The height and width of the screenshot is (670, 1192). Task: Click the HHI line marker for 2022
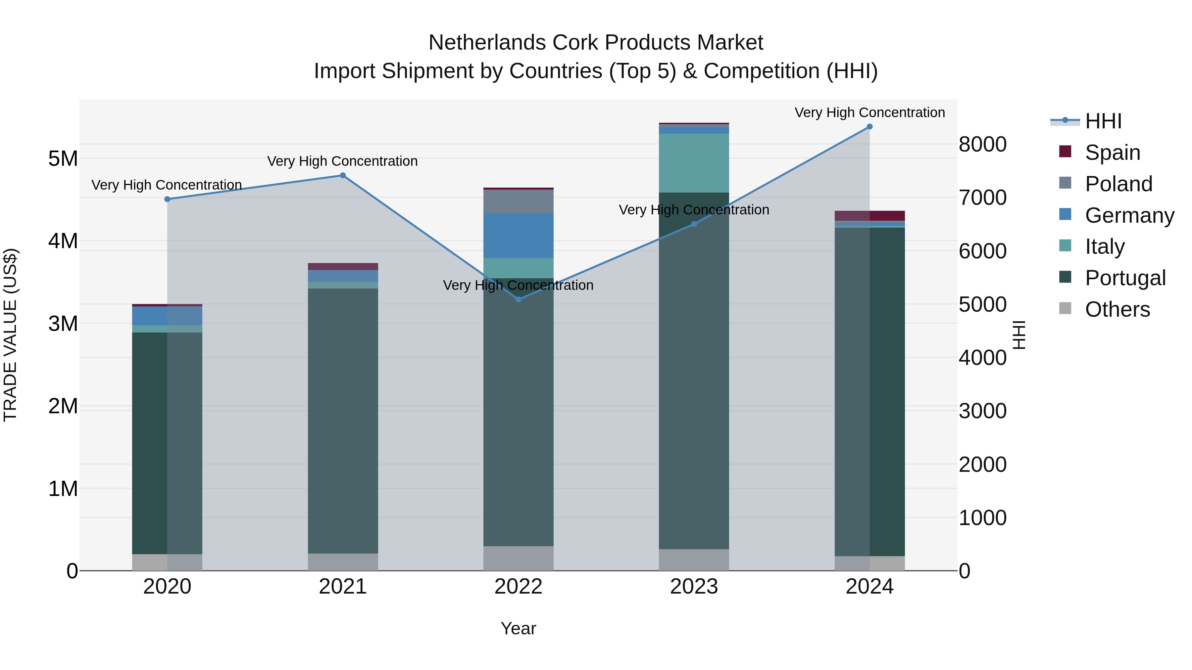(518, 299)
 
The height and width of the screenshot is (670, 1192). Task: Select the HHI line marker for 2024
(869, 127)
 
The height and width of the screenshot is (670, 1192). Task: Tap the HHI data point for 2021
(343, 175)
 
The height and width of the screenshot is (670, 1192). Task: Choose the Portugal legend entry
(1124, 278)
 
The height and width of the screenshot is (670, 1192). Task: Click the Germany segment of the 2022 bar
(518, 235)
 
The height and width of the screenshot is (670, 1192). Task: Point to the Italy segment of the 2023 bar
(694, 163)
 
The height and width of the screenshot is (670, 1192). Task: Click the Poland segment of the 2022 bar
(518, 201)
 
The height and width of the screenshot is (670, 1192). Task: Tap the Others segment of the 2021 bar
(343, 562)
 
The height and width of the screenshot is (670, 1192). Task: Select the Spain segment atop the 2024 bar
(869, 215)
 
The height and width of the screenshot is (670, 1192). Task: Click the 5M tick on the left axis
(63, 158)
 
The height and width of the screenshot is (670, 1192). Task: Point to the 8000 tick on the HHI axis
(982, 144)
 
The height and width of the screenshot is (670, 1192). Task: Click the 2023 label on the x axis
(694, 587)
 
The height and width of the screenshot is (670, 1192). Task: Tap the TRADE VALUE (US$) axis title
(10, 335)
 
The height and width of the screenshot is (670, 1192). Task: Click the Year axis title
(518, 628)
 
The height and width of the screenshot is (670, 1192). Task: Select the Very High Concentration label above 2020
(167, 185)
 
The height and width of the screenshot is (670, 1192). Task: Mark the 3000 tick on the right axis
(982, 411)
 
